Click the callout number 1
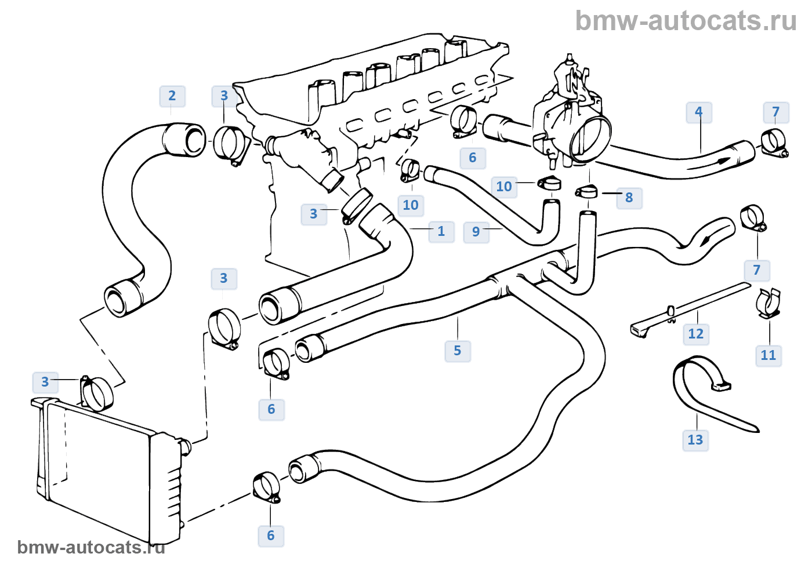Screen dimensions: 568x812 click(441, 231)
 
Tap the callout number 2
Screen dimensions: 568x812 click(172, 96)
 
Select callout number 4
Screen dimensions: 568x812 click(698, 112)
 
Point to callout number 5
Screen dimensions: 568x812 click(457, 351)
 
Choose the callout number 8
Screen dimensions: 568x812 click(629, 198)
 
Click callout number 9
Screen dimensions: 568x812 click(476, 232)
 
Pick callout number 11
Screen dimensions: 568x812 click(768, 355)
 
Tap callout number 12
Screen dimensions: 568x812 click(695, 334)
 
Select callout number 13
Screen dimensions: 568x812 click(695, 440)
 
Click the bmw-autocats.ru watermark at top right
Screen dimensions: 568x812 click(686, 21)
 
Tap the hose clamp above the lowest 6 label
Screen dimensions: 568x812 click(266, 487)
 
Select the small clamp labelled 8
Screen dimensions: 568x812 click(586, 191)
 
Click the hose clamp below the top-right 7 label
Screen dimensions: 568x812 click(773, 143)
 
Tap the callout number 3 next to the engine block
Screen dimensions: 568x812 click(314, 214)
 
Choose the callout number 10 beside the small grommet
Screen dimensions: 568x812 click(503, 187)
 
